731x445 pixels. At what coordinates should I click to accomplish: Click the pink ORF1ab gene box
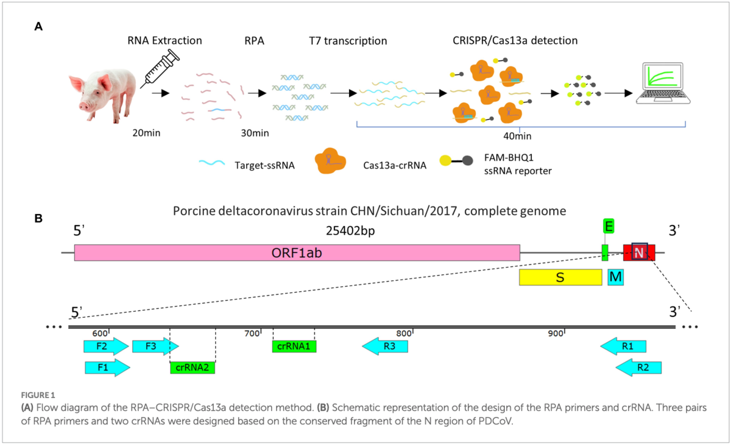pos(297,253)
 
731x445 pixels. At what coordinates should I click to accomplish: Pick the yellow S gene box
pos(560,277)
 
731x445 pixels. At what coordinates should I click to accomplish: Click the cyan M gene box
pos(616,277)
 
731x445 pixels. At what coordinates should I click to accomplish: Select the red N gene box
pos(639,252)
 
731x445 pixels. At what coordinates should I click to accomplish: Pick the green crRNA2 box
pos(192,368)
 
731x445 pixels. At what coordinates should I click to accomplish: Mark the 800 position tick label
pos(403,333)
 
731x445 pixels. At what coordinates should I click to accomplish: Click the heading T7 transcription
pos(348,41)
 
